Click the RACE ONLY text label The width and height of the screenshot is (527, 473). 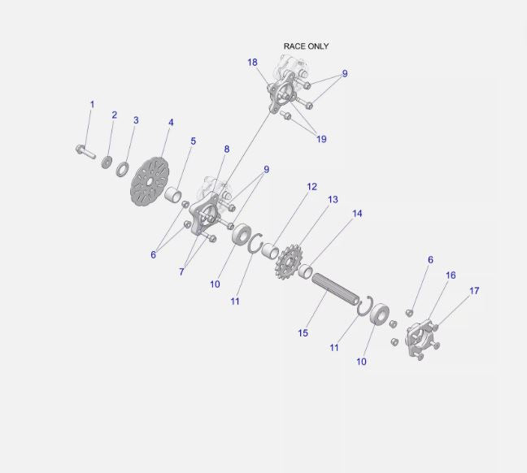point(306,46)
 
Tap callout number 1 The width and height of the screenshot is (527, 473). point(92,105)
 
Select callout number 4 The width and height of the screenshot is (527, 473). point(171,123)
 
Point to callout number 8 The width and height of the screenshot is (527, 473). point(226,150)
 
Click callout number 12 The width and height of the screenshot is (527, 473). point(311,187)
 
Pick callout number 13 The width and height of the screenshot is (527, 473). point(333,200)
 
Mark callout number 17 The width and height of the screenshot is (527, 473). point(474,290)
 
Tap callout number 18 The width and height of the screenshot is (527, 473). point(252,63)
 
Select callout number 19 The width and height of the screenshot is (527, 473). point(321,139)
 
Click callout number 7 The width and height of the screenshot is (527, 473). point(181,272)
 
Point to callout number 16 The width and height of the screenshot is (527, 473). point(451,276)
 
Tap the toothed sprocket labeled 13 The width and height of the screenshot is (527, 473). point(287,263)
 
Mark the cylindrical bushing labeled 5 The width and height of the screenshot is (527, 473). point(172,196)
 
